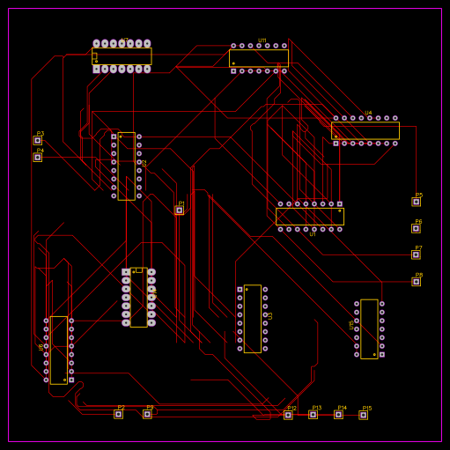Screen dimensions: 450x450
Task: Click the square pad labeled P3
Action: pyautogui.click(x=38, y=140)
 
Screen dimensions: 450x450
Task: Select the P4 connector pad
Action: pyautogui.click(x=38, y=158)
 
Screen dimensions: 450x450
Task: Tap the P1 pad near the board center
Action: pyautogui.click(x=179, y=210)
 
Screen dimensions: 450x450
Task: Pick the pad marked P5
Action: pyautogui.click(x=416, y=202)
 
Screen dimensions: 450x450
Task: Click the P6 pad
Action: pyautogui.click(x=416, y=228)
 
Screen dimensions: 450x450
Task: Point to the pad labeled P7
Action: pyautogui.click(x=416, y=255)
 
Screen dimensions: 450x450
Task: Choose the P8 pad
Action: pyautogui.click(x=416, y=281)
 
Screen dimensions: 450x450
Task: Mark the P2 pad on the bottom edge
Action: pyautogui.click(x=118, y=414)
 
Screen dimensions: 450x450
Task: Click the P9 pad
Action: pyautogui.click(x=147, y=414)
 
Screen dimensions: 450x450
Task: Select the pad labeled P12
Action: pyautogui.click(x=288, y=415)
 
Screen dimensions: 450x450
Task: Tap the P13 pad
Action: pyautogui.click(x=313, y=415)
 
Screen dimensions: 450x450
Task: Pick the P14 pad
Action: pyautogui.click(x=338, y=415)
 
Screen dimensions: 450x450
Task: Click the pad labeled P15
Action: pyautogui.click(x=363, y=415)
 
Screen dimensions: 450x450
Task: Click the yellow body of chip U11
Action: pyautogui.click(x=258, y=58)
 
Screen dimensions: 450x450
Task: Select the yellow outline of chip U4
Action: pyautogui.click(x=365, y=130)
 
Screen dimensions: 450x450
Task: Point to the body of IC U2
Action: pyautogui.click(x=126, y=166)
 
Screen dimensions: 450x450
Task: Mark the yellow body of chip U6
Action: pyautogui.click(x=58, y=350)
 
